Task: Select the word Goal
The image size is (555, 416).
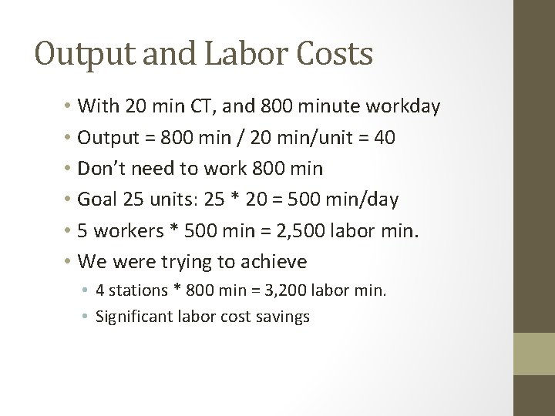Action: [x=98, y=200]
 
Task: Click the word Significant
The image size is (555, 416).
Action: [x=132, y=317]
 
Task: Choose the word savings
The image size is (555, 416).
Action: [x=283, y=317]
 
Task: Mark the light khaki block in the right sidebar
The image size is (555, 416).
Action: [x=535, y=354]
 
